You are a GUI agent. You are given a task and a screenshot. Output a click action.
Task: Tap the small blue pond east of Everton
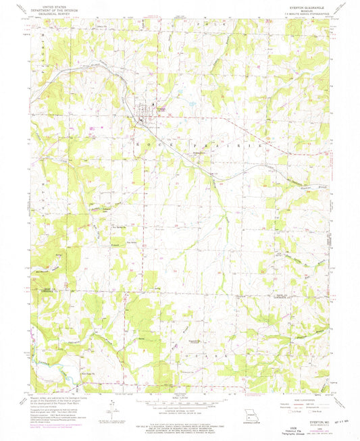192,105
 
